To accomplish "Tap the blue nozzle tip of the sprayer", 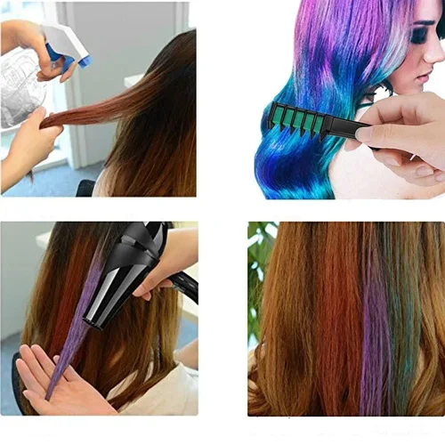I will (x=85, y=61).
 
